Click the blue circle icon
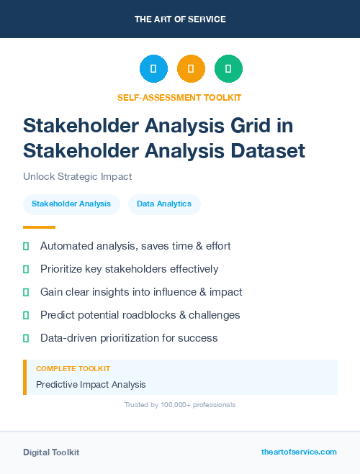coord(153,69)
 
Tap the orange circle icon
coord(191,69)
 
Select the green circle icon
coord(228,69)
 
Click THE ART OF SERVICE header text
coord(180,19)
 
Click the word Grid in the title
coord(248,125)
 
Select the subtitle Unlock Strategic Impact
coord(78,176)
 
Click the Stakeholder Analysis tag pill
coord(71,204)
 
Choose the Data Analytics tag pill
coord(164,204)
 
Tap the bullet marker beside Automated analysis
coord(26,246)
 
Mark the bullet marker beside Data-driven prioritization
coord(26,338)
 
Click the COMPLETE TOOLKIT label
coord(73,368)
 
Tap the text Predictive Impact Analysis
coord(91,385)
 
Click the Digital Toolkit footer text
coord(51,452)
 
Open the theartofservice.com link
coord(299,452)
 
